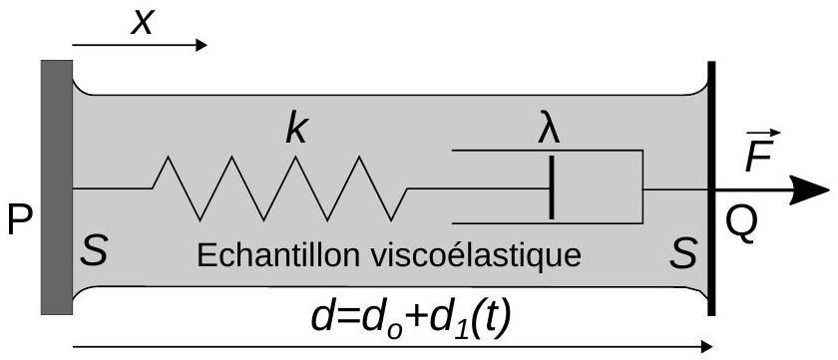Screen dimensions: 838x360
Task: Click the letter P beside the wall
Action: click(x=20, y=220)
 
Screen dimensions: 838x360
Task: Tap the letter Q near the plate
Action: click(x=741, y=223)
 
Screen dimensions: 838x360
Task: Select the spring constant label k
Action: click(x=296, y=129)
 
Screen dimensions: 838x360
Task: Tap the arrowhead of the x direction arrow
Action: click(x=202, y=46)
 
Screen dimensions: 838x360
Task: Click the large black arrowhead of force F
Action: click(x=809, y=189)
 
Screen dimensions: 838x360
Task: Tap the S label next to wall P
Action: click(x=94, y=251)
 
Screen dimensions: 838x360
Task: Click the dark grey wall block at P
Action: click(x=57, y=186)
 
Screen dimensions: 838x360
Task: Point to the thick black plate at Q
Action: click(x=711, y=188)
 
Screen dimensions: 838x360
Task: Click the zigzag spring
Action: click(x=280, y=188)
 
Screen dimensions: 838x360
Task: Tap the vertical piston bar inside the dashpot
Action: click(x=551, y=186)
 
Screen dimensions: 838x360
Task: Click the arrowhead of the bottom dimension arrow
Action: click(x=706, y=347)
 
